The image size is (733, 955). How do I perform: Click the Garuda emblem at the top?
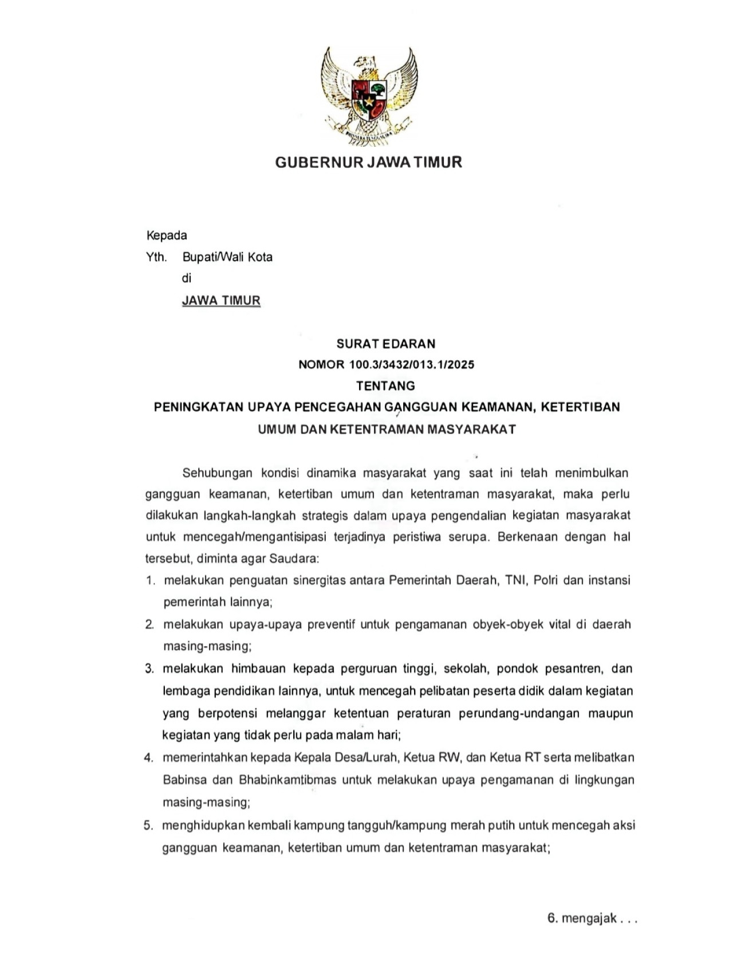pyautogui.click(x=369, y=94)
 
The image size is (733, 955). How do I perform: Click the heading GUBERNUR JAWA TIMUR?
pyautogui.click(x=368, y=162)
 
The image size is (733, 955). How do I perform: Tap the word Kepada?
pyautogui.click(x=167, y=235)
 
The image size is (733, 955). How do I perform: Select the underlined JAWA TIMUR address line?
pyautogui.click(x=221, y=300)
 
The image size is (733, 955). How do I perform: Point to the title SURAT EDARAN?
pyautogui.click(x=386, y=344)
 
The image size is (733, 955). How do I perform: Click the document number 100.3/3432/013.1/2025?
pyautogui.click(x=411, y=364)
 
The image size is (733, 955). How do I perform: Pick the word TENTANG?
pyautogui.click(x=385, y=386)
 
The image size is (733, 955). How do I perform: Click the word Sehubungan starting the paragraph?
pyautogui.click(x=217, y=473)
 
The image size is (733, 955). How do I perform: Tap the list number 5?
pyautogui.click(x=148, y=826)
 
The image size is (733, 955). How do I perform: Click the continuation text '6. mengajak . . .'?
pyautogui.click(x=592, y=918)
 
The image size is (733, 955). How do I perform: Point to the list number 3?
pyautogui.click(x=149, y=669)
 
